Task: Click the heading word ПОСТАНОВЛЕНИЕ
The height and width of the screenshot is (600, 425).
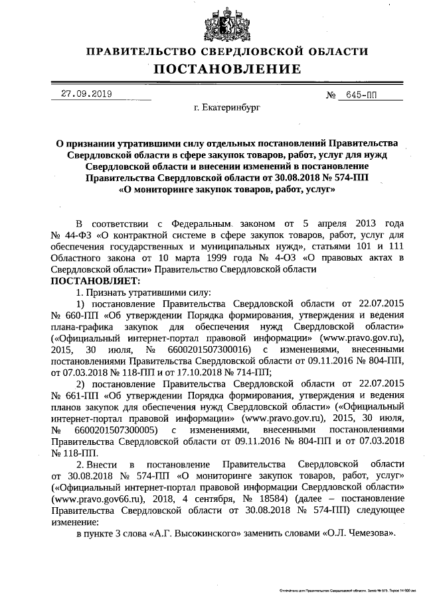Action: [x=227, y=69]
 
